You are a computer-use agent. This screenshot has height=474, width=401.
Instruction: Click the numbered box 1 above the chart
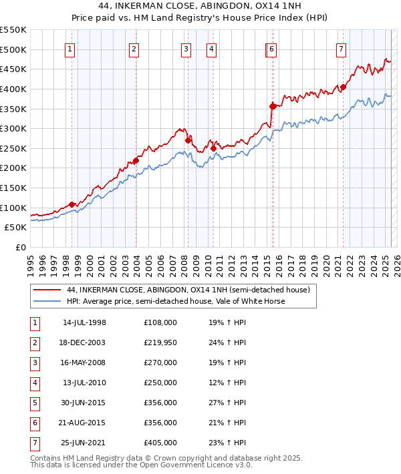click(x=70, y=48)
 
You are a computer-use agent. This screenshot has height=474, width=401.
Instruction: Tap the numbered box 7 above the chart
click(x=341, y=48)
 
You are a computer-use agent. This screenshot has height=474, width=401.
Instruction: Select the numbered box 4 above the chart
click(x=211, y=48)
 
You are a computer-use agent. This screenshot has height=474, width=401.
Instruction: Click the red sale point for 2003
click(x=136, y=160)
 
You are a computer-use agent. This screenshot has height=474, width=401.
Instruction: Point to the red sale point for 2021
click(x=343, y=87)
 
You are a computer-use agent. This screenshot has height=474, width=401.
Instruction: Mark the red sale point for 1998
click(x=72, y=204)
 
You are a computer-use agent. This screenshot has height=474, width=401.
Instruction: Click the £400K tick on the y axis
click(x=13, y=89)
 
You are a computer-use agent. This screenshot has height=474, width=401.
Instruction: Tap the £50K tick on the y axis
click(x=16, y=228)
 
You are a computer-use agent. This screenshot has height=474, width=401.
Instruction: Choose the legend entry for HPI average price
click(x=176, y=301)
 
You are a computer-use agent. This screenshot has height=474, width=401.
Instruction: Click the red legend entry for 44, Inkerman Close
click(x=188, y=290)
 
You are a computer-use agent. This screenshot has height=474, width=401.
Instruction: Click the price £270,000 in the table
click(x=160, y=363)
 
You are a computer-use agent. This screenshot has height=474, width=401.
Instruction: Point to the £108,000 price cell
click(x=160, y=322)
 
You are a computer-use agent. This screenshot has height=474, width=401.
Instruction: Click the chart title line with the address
click(x=200, y=7)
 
